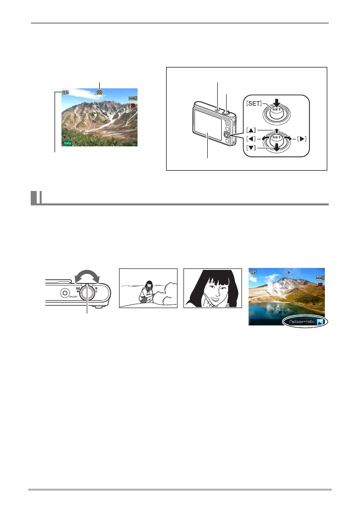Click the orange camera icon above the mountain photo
(100, 92)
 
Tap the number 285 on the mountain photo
(65, 92)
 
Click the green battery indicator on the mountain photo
(67, 143)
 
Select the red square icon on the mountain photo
(133, 106)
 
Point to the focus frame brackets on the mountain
(99, 117)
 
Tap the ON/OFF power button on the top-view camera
(64, 293)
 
